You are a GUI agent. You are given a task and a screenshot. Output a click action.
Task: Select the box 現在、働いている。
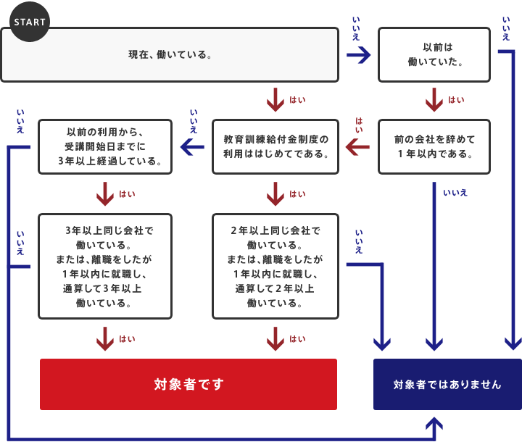pos(170,54)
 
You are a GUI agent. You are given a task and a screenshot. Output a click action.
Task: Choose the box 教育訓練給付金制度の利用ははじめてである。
pos(275,146)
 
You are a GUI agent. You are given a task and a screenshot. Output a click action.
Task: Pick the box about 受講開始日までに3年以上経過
pos(105,146)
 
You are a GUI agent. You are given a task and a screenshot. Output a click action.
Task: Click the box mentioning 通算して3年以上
pos(105,266)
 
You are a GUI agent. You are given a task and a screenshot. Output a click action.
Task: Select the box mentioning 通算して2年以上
pos(275,266)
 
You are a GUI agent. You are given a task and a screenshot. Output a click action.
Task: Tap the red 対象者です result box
pos(188,384)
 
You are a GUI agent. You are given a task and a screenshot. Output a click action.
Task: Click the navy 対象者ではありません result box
pos(447,384)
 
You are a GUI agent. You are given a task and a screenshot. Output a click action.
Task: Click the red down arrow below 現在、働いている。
pos(275,100)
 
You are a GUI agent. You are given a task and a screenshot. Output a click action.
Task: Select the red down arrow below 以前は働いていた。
pos(434,100)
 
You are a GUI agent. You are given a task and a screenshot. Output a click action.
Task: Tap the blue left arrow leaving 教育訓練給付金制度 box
pos(192,147)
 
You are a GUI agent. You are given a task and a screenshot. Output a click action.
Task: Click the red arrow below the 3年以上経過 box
pos(106,193)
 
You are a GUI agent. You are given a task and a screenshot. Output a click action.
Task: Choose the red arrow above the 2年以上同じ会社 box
pos(275,193)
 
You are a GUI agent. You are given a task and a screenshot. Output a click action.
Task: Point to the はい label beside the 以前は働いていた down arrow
pos(456,100)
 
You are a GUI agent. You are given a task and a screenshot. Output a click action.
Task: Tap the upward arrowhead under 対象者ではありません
pos(435,425)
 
